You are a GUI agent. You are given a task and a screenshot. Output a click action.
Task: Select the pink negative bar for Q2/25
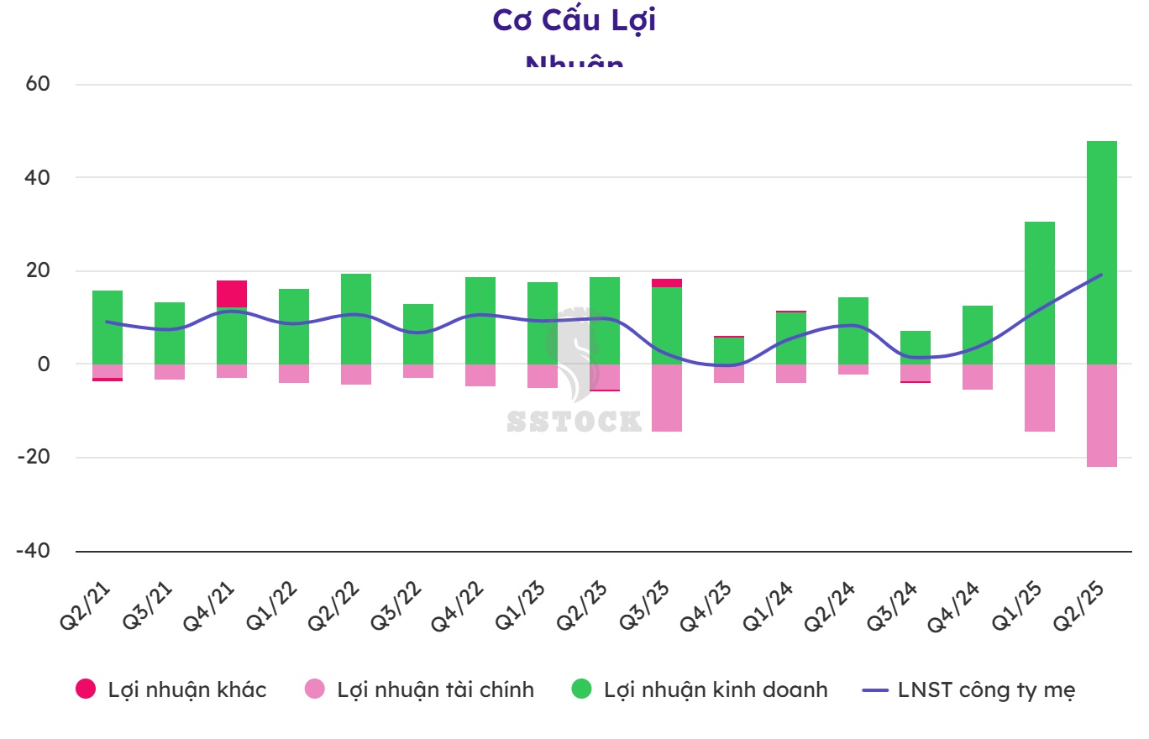(x=1101, y=416)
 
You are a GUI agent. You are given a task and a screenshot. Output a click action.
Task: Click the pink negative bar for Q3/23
(x=666, y=398)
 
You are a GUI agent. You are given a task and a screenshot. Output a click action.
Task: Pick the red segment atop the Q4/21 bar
(x=231, y=294)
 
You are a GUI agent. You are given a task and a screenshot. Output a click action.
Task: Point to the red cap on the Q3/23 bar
(x=666, y=283)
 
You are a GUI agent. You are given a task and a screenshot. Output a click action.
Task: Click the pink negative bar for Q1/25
(x=1039, y=398)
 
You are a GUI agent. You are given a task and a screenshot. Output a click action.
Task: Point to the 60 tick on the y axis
(x=39, y=84)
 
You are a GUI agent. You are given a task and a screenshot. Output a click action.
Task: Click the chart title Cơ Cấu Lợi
(x=574, y=20)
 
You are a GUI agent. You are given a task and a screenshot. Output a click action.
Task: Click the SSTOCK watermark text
(x=574, y=421)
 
